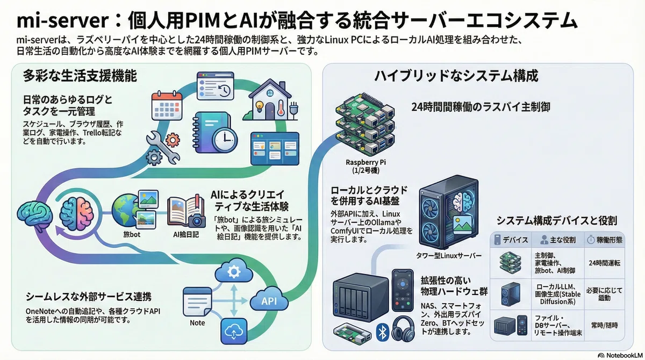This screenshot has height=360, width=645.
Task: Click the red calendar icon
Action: point(167,106)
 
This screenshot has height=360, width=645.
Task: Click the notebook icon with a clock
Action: point(214,132)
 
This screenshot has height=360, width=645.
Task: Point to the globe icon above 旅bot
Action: point(125,211)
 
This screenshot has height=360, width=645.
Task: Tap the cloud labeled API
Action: point(269,300)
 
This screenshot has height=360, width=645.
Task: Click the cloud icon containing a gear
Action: point(233,271)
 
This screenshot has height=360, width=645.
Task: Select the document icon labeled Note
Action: point(197,301)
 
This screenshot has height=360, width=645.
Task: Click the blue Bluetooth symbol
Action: point(382,333)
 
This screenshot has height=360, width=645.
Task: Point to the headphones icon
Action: point(403,329)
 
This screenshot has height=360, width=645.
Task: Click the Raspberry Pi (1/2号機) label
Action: point(365,167)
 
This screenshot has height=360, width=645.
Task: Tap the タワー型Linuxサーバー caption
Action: point(449,256)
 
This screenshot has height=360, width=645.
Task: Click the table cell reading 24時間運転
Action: point(604,263)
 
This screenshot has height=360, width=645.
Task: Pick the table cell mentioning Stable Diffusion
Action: point(558,294)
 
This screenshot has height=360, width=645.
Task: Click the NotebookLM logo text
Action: point(624,355)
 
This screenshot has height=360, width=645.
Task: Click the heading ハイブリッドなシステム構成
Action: point(456,76)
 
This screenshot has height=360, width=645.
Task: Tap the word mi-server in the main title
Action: point(63,21)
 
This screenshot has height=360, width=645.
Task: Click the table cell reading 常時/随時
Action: point(604,326)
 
